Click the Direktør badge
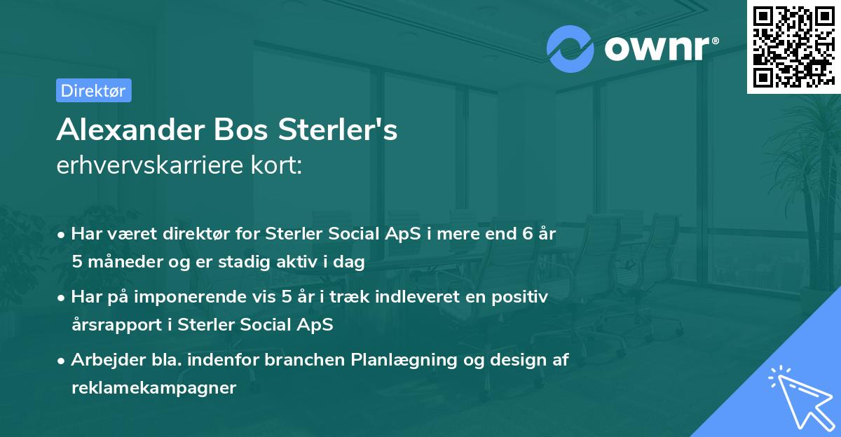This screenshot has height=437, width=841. [x=93, y=90]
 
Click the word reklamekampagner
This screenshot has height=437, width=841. [x=153, y=388]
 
